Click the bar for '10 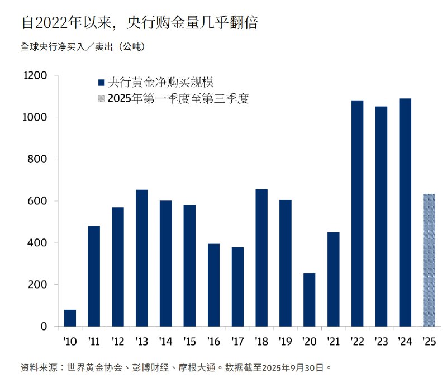click(x=70, y=318)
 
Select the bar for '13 click(x=142, y=258)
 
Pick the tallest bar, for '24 click(x=405, y=212)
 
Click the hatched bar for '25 click(x=429, y=260)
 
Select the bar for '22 click(x=357, y=213)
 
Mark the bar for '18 click(x=261, y=257)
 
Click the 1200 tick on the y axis click(x=35, y=75)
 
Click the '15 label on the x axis click(x=189, y=341)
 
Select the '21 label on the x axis click(x=333, y=341)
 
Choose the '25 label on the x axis click(x=429, y=341)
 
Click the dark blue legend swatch click(x=101, y=83)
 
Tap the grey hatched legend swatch click(x=101, y=99)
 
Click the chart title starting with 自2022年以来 click(x=139, y=23)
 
